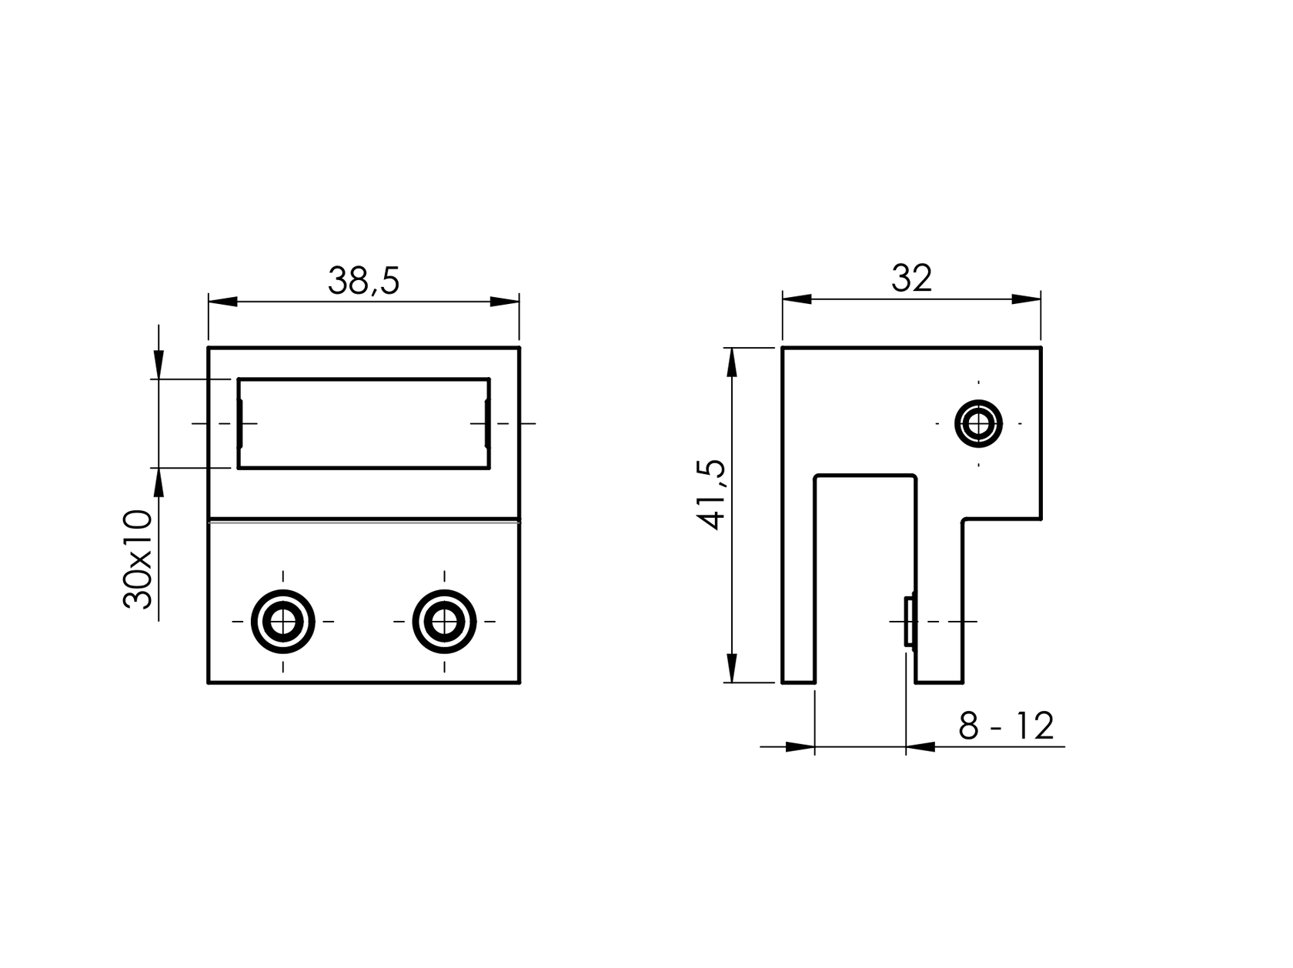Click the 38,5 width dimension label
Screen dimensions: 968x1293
click(x=363, y=282)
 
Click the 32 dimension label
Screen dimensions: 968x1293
click(x=911, y=279)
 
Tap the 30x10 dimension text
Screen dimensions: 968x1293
click(x=139, y=559)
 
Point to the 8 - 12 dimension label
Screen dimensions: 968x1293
click(x=1005, y=726)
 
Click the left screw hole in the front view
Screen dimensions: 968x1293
click(x=283, y=621)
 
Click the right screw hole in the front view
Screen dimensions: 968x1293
click(x=444, y=621)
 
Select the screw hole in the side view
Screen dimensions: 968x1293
click(x=978, y=423)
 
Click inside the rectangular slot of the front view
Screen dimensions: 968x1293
click(x=363, y=423)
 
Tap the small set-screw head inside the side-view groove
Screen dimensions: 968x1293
click(x=909, y=621)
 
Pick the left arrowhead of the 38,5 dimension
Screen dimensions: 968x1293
click(x=222, y=301)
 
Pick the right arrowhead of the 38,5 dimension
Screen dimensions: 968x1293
click(x=505, y=301)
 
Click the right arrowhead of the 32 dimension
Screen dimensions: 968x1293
click(x=1027, y=299)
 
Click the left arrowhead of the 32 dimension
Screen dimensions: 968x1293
click(x=797, y=299)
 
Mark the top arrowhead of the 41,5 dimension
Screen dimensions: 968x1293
click(x=732, y=362)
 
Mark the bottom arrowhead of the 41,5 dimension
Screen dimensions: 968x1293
click(x=732, y=668)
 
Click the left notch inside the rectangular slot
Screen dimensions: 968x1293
click(x=240, y=423)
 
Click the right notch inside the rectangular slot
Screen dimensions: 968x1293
click(x=487, y=423)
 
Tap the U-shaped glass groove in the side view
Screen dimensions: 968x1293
click(x=865, y=577)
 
